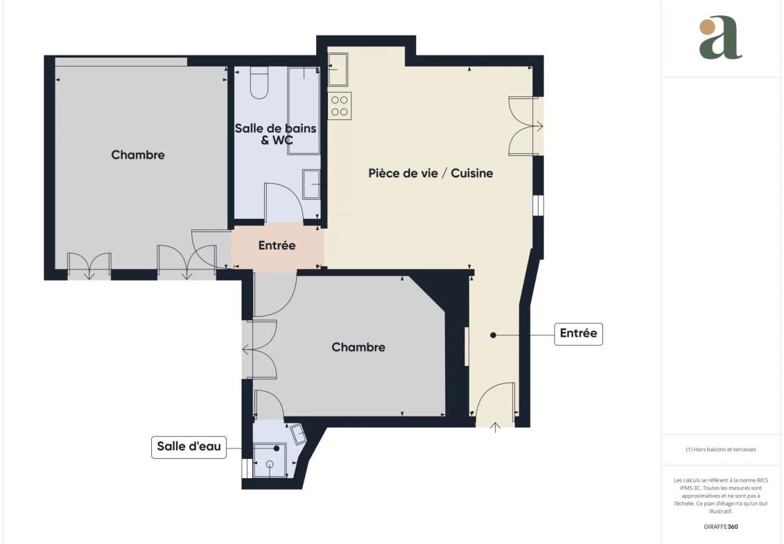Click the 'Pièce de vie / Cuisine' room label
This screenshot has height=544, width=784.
pos(430,173)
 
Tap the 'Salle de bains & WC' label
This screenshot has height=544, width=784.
pos(275,134)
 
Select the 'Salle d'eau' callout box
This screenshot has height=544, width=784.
pos(189,446)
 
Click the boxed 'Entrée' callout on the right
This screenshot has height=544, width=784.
pos(579,333)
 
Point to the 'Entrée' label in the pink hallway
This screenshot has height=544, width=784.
pos(277,245)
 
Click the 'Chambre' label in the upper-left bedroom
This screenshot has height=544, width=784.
pos(137,155)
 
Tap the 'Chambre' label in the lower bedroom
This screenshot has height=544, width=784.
pos(358,347)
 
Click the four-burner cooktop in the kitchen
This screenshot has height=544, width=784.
pos(340,105)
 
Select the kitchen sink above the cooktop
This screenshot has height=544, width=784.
pos(338,69)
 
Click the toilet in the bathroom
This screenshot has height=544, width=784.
pos(259,82)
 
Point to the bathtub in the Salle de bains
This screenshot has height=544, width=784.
pos(304,110)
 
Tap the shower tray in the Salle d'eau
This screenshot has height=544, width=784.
pos(270,460)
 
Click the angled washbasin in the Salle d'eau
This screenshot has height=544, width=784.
pos(299,434)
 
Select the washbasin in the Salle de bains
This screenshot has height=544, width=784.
pos(311,184)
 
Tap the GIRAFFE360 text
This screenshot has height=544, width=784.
pos(720,527)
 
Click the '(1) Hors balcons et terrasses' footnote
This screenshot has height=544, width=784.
pos(720,450)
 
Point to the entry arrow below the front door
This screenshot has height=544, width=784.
pos(495,428)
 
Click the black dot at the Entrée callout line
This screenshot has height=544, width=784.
pos(493,335)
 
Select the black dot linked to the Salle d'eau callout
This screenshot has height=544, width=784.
pos(277,448)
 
